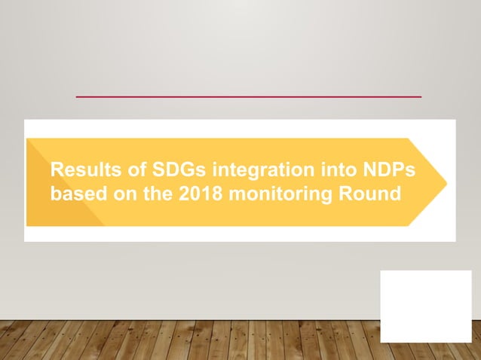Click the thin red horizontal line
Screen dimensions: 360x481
pyautogui.click(x=249, y=96)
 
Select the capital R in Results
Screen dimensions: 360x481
pyautogui.click(x=57, y=170)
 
